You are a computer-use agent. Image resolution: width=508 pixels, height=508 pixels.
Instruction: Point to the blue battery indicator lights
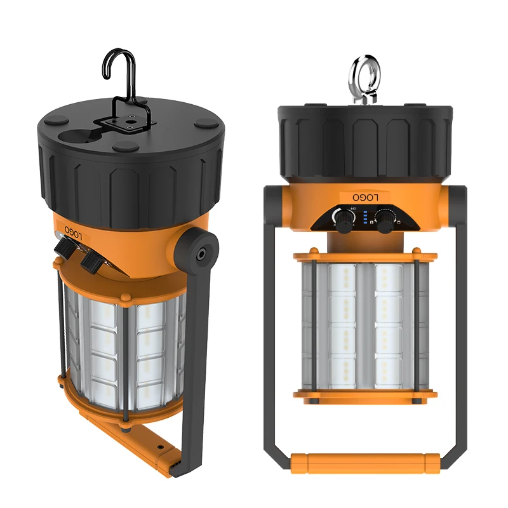(x=365, y=220)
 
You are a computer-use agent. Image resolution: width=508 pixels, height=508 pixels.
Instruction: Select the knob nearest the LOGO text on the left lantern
(x=65, y=246)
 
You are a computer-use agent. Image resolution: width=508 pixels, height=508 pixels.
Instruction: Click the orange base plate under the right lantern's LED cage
(x=365, y=396)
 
